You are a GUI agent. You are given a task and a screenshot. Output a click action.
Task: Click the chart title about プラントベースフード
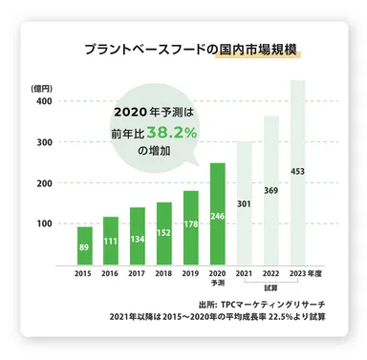pyautogui.click(x=190, y=47)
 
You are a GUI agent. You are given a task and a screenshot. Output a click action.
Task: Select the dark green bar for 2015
pyautogui.click(x=85, y=246)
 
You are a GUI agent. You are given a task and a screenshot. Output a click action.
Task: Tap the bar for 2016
pyautogui.click(x=111, y=242)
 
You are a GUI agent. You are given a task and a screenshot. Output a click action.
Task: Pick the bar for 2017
pyautogui.click(x=138, y=237)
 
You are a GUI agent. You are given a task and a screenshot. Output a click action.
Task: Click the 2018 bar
pyautogui.click(x=164, y=234)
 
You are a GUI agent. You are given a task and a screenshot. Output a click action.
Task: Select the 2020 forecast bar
pyautogui.click(x=218, y=215)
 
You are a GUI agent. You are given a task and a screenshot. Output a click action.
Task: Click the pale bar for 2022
pyautogui.click(x=271, y=191)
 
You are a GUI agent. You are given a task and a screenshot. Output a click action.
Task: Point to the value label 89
pyautogui.click(x=85, y=246)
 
